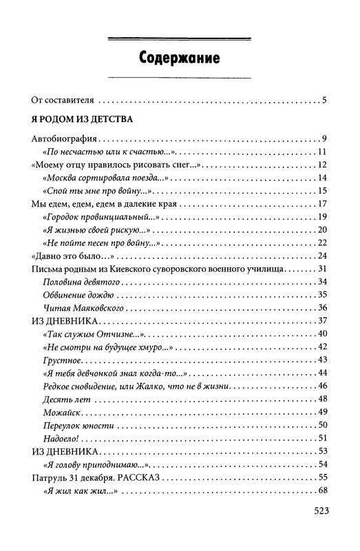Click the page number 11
pyautogui.click(x=321, y=152)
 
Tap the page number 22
pyautogui.click(x=321, y=242)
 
